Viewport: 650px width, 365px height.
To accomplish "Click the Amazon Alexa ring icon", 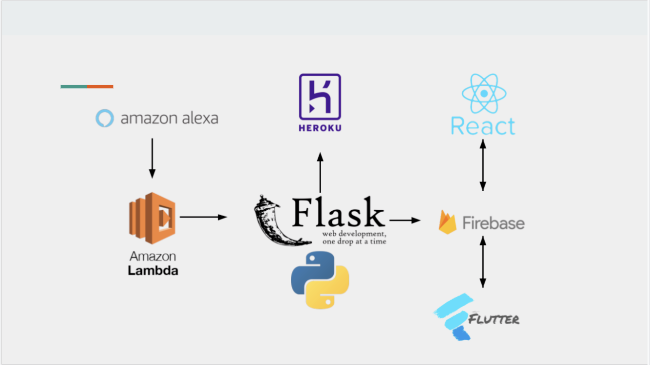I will tap(105, 119).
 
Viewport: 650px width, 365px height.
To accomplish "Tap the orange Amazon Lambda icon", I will tap(152, 215).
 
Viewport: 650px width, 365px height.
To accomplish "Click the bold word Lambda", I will tap(153, 271).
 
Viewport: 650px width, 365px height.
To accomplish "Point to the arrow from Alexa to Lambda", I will tap(152, 158).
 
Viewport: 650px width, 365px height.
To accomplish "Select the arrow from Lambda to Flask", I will tap(203, 217).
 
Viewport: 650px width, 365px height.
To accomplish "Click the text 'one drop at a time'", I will tap(354, 242).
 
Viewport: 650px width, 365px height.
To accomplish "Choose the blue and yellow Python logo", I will tap(320, 280).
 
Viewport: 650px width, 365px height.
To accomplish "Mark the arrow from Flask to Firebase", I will tap(405, 220).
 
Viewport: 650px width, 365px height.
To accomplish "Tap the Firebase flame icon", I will tap(447, 222).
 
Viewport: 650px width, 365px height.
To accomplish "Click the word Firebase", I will tap(493, 223).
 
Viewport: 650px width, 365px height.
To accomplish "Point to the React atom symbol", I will tap(484, 94).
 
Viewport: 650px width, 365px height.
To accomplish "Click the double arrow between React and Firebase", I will tap(482, 165).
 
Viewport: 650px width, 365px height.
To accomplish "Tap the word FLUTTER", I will tap(494, 319).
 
